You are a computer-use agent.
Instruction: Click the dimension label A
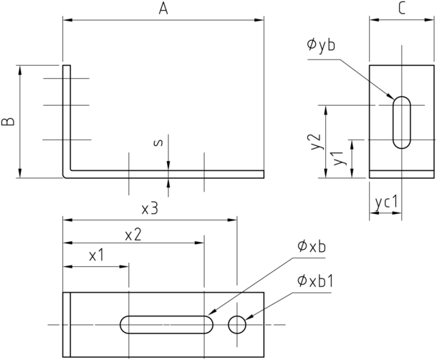tap(163, 9)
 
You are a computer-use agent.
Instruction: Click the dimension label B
tap(9, 122)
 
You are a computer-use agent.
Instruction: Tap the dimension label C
tap(402, 9)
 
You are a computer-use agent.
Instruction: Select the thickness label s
tap(158, 142)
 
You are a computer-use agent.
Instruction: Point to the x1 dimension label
tap(97, 255)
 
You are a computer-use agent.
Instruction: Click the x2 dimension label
tap(133, 235)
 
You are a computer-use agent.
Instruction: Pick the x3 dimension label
tap(150, 208)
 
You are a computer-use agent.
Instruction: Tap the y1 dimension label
tap(338, 158)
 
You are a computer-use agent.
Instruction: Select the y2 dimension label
tap(317, 142)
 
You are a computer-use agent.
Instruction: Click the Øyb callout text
tap(320, 45)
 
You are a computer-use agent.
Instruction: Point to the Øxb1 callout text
tap(315, 281)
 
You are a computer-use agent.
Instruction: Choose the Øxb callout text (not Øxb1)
tap(312, 246)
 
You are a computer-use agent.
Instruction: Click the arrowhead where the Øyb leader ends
tap(390, 97)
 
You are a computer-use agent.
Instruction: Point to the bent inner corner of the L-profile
tap(71, 170)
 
